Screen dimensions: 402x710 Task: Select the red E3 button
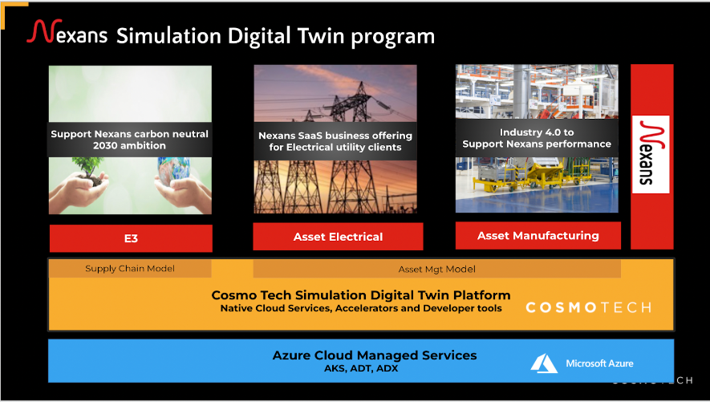pyautogui.click(x=131, y=238)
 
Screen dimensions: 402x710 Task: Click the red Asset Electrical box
pyautogui.click(x=338, y=237)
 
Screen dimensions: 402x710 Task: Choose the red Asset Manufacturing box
pyautogui.click(x=538, y=235)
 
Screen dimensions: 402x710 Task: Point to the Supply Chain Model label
pyautogui.click(x=130, y=268)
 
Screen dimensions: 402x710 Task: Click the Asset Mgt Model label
pyautogui.click(x=436, y=269)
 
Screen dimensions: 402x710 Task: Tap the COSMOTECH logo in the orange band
pyautogui.click(x=587, y=307)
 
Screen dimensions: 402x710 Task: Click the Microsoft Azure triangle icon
pyautogui.click(x=544, y=363)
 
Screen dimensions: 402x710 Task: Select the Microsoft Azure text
pyautogui.click(x=599, y=363)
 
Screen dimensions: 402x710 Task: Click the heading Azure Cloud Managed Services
pyautogui.click(x=375, y=355)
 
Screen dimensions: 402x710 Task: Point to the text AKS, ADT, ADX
pyautogui.click(x=375, y=369)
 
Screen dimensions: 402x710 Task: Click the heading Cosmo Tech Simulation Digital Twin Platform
pyautogui.click(x=361, y=294)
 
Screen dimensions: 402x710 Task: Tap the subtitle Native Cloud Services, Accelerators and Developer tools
pyautogui.click(x=361, y=308)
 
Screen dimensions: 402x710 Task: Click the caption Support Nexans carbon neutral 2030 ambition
pyautogui.click(x=130, y=140)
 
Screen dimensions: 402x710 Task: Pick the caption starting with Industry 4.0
pyautogui.click(x=537, y=138)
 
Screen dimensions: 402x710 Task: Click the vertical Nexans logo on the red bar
pyautogui.click(x=651, y=154)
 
